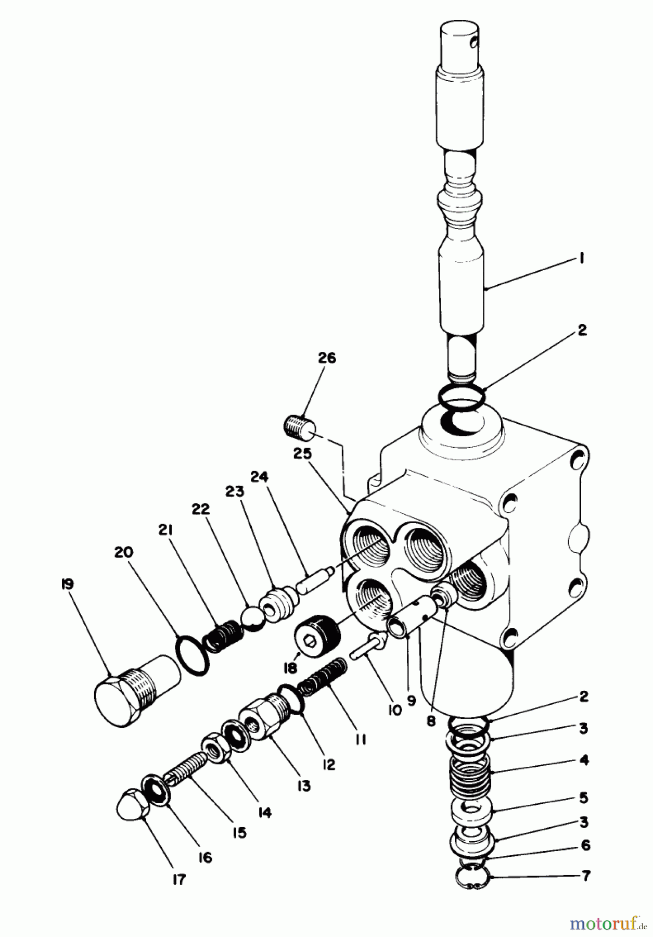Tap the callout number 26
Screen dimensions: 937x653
pos(327,358)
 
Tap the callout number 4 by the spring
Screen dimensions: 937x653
pos(584,761)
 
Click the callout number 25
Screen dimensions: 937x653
pos(301,454)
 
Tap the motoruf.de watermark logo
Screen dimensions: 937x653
pos(605,922)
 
